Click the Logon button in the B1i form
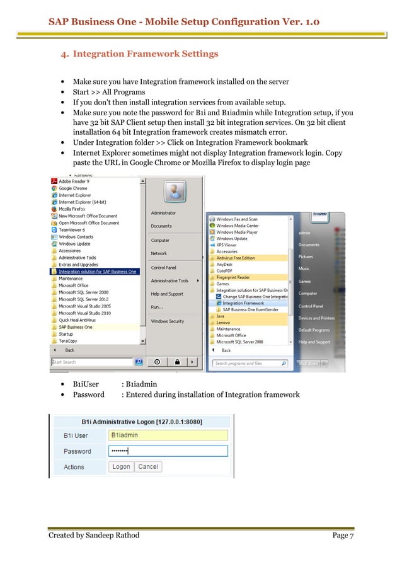coord(121,467)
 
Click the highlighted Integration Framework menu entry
coord(243,303)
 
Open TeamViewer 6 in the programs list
coord(71,230)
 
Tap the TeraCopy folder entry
coord(69,340)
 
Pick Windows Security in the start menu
coord(168,321)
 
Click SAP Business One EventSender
coord(253,310)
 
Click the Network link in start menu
coord(159,253)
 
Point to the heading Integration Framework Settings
coord(146,54)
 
